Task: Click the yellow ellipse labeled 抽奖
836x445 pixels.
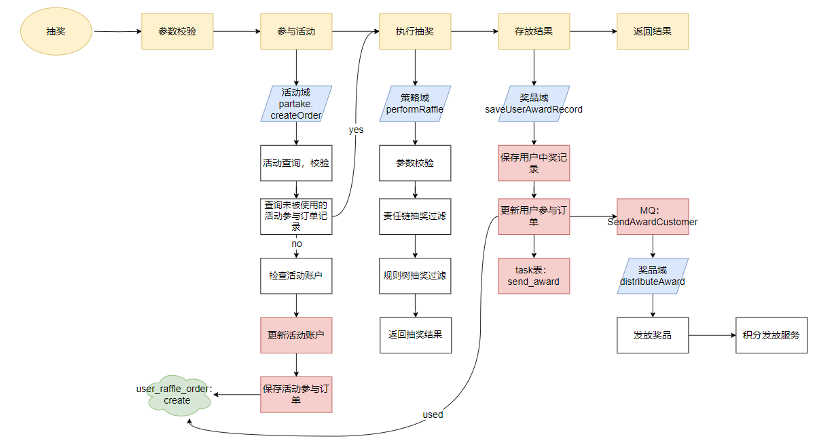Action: coord(56,31)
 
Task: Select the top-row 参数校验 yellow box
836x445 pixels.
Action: coord(177,31)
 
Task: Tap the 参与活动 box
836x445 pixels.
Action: coord(296,31)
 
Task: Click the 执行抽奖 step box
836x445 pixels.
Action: coord(415,31)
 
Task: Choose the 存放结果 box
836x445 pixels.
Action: coord(534,31)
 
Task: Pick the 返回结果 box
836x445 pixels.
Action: coord(653,31)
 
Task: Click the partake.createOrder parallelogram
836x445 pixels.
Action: coord(296,104)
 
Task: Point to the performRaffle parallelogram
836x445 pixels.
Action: coord(415,104)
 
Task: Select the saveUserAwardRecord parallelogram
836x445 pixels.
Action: coord(534,104)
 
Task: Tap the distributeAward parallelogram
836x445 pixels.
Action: coord(653,276)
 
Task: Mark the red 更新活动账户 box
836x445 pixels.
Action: coord(296,335)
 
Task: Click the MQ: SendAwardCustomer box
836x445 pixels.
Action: coord(653,216)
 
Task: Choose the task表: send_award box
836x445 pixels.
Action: coord(534,275)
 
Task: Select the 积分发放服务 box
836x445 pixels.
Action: coord(771,335)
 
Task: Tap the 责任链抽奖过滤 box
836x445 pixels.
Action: coord(415,216)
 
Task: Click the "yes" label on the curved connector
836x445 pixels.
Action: coord(356,130)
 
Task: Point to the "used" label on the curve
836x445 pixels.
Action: coord(433,414)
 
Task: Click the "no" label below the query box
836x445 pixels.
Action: coord(297,244)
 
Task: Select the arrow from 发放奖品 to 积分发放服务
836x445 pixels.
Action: coord(712,335)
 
